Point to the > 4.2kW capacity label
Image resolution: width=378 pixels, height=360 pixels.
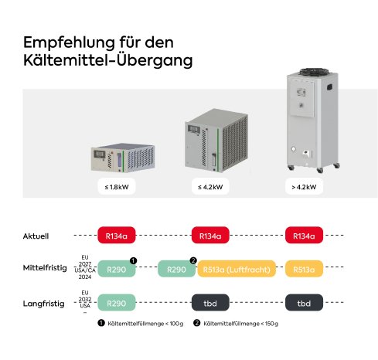tap(304, 186)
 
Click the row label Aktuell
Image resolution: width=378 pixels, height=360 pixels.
tap(36, 235)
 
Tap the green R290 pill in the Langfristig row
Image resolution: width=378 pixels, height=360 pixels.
tap(116, 304)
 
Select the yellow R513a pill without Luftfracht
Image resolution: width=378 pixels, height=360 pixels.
tap(304, 270)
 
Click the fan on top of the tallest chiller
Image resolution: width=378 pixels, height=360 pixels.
tap(304, 70)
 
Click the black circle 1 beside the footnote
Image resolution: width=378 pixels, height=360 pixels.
tap(100, 324)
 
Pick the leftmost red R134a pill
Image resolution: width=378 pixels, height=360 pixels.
tap(116, 235)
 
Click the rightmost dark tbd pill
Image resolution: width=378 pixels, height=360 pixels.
tap(304, 304)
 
